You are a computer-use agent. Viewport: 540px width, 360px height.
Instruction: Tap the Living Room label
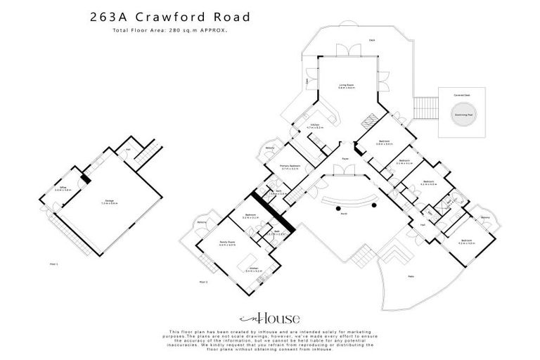click(346, 86)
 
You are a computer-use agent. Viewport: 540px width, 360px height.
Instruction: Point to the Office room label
click(63, 188)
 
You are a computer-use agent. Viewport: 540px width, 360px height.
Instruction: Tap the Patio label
click(410, 276)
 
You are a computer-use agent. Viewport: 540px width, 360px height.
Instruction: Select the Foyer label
click(346, 159)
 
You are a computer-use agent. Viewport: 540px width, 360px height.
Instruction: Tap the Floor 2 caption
click(203, 281)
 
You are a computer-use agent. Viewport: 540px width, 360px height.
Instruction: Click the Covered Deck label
click(461, 94)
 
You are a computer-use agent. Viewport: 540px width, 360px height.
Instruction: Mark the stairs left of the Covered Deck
click(425, 109)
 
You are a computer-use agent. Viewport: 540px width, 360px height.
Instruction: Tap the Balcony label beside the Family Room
click(202, 223)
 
